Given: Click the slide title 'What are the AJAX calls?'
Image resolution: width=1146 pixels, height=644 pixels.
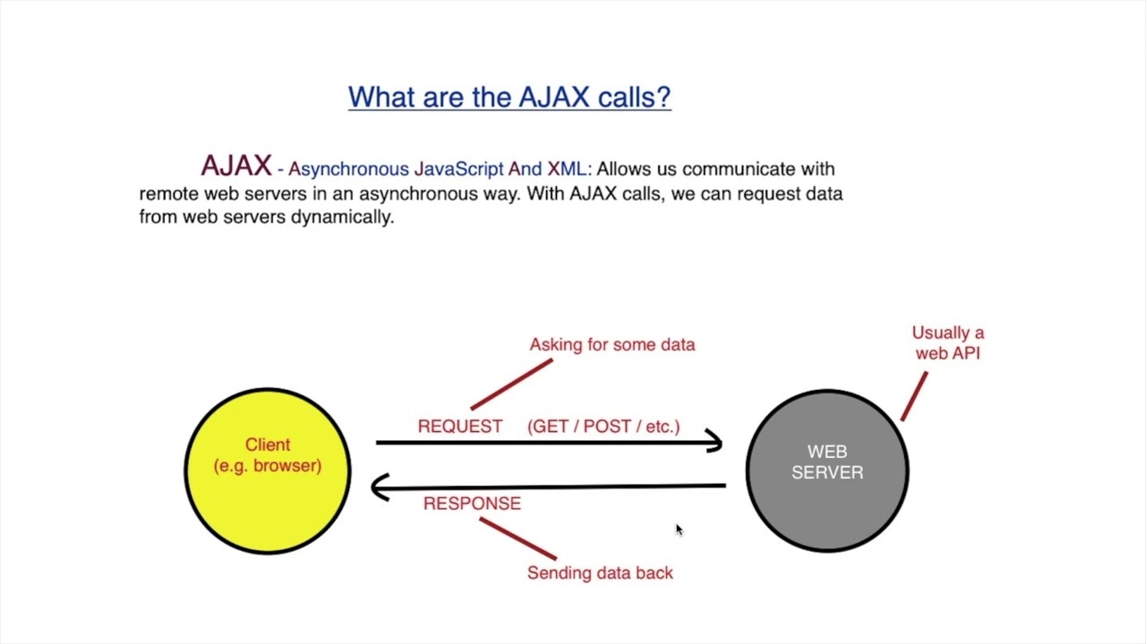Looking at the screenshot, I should click(509, 97).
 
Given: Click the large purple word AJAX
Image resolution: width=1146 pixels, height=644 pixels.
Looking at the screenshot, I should click(235, 166).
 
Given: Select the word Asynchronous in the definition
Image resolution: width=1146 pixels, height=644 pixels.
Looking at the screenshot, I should click(348, 169).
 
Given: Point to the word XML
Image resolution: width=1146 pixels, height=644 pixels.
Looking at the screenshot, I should click(566, 169).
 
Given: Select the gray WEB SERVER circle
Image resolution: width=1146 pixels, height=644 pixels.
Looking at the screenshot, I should click(826, 510).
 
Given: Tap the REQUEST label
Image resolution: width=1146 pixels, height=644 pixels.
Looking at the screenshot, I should click(459, 427).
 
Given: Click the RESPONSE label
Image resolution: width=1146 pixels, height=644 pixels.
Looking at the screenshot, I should click(472, 504).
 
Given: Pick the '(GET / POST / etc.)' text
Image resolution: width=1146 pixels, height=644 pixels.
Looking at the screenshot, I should click(603, 427).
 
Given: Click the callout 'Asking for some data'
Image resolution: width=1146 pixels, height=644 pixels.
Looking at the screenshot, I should click(611, 344).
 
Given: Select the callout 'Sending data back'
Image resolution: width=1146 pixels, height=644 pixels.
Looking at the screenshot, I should click(600, 573).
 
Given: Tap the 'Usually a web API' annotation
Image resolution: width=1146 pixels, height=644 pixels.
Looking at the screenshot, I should click(947, 343).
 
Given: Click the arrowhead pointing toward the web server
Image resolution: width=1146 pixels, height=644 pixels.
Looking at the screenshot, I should click(714, 441).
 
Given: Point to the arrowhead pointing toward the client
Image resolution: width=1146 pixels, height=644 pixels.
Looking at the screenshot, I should click(380, 487).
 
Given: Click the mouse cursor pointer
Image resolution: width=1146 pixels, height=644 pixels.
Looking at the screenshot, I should click(679, 530).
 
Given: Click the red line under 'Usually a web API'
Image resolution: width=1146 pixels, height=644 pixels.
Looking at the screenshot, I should click(914, 396).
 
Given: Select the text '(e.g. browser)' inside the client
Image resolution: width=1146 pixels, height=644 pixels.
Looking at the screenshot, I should click(267, 466).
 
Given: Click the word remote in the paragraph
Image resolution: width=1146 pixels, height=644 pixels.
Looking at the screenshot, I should click(168, 193).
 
